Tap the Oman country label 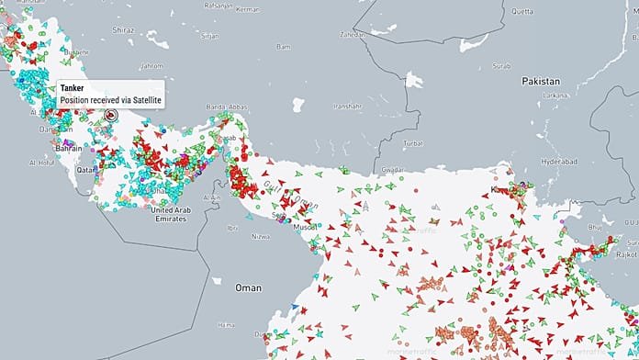pos(249,287)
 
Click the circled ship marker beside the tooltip pos(111,116)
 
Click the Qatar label pos(85,170)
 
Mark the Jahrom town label pos(151,66)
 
